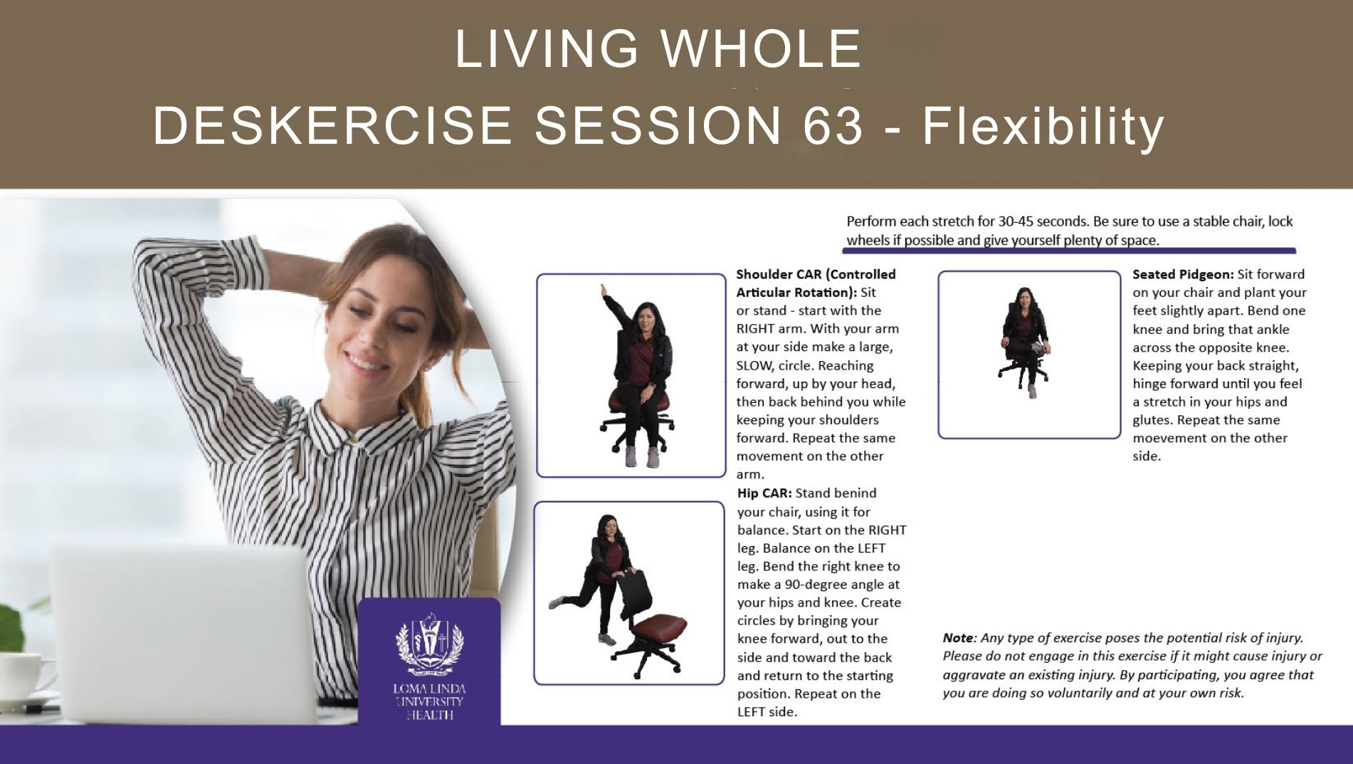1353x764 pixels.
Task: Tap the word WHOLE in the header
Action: click(762, 49)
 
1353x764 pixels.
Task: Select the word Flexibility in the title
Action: click(1043, 127)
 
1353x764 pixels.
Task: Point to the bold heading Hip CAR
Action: click(764, 493)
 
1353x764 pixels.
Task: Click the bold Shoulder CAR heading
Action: click(816, 283)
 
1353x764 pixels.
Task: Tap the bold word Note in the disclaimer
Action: click(958, 638)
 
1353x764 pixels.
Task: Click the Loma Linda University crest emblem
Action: click(429, 643)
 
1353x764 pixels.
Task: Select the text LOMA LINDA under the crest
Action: click(429, 689)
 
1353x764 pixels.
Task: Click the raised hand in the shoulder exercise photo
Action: click(604, 291)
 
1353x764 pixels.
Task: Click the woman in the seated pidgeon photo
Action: click(1026, 341)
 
